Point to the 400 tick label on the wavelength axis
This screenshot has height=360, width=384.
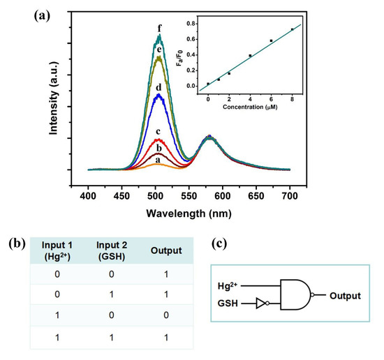coord(88,190)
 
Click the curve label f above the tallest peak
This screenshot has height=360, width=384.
coord(160,29)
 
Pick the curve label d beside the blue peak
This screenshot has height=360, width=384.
coord(159,86)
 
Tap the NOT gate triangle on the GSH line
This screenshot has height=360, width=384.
coord(260,304)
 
